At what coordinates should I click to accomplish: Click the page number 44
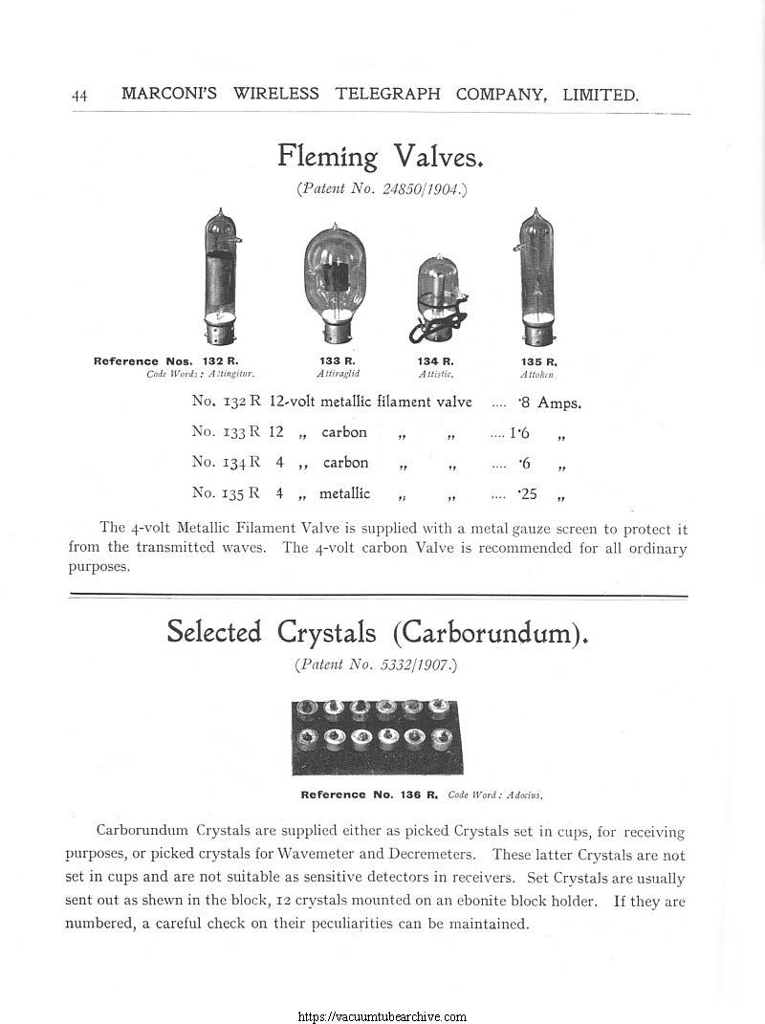[x=79, y=96]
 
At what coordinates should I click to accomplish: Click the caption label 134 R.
[x=435, y=361]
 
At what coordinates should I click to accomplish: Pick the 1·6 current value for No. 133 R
[x=521, y=432]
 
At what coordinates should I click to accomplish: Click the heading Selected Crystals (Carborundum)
[x=378, y=632]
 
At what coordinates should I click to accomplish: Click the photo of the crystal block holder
[x=377, y=737]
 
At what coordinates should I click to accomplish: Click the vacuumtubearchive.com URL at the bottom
[x=382, y=1016]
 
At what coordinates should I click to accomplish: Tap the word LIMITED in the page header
[x=601, y=95]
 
